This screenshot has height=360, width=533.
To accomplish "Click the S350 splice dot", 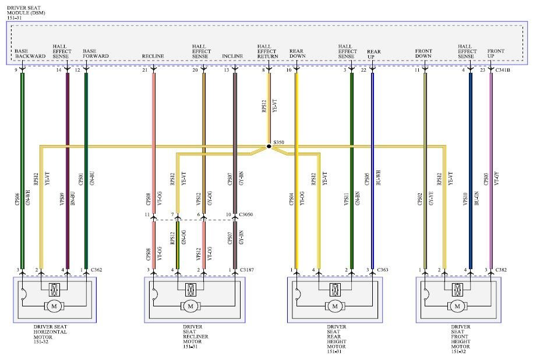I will (x=269, y=146).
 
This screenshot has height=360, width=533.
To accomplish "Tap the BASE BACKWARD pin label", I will (x=30, y=53).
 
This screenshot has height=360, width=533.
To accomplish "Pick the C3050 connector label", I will (x=246, y=215).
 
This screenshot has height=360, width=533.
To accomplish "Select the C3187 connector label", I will (x=246, y=270).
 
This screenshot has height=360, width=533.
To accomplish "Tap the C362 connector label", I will (x=97, y=270).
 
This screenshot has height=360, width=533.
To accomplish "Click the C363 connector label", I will (x=383, y=270).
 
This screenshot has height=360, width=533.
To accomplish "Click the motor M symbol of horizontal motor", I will (x=54, y=306).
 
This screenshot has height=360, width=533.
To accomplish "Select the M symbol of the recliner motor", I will (x=190, y=306).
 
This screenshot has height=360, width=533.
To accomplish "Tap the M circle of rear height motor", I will (x=334, y=306).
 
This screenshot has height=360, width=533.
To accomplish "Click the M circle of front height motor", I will (x=457, y=306).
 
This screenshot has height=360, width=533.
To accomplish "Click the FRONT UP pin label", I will (x=496, y=53).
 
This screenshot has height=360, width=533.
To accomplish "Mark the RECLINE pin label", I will (x=152, y=56).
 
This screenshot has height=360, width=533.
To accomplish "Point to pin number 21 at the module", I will (x=144, y=70).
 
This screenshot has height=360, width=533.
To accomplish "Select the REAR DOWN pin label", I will (x=298, y=53).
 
